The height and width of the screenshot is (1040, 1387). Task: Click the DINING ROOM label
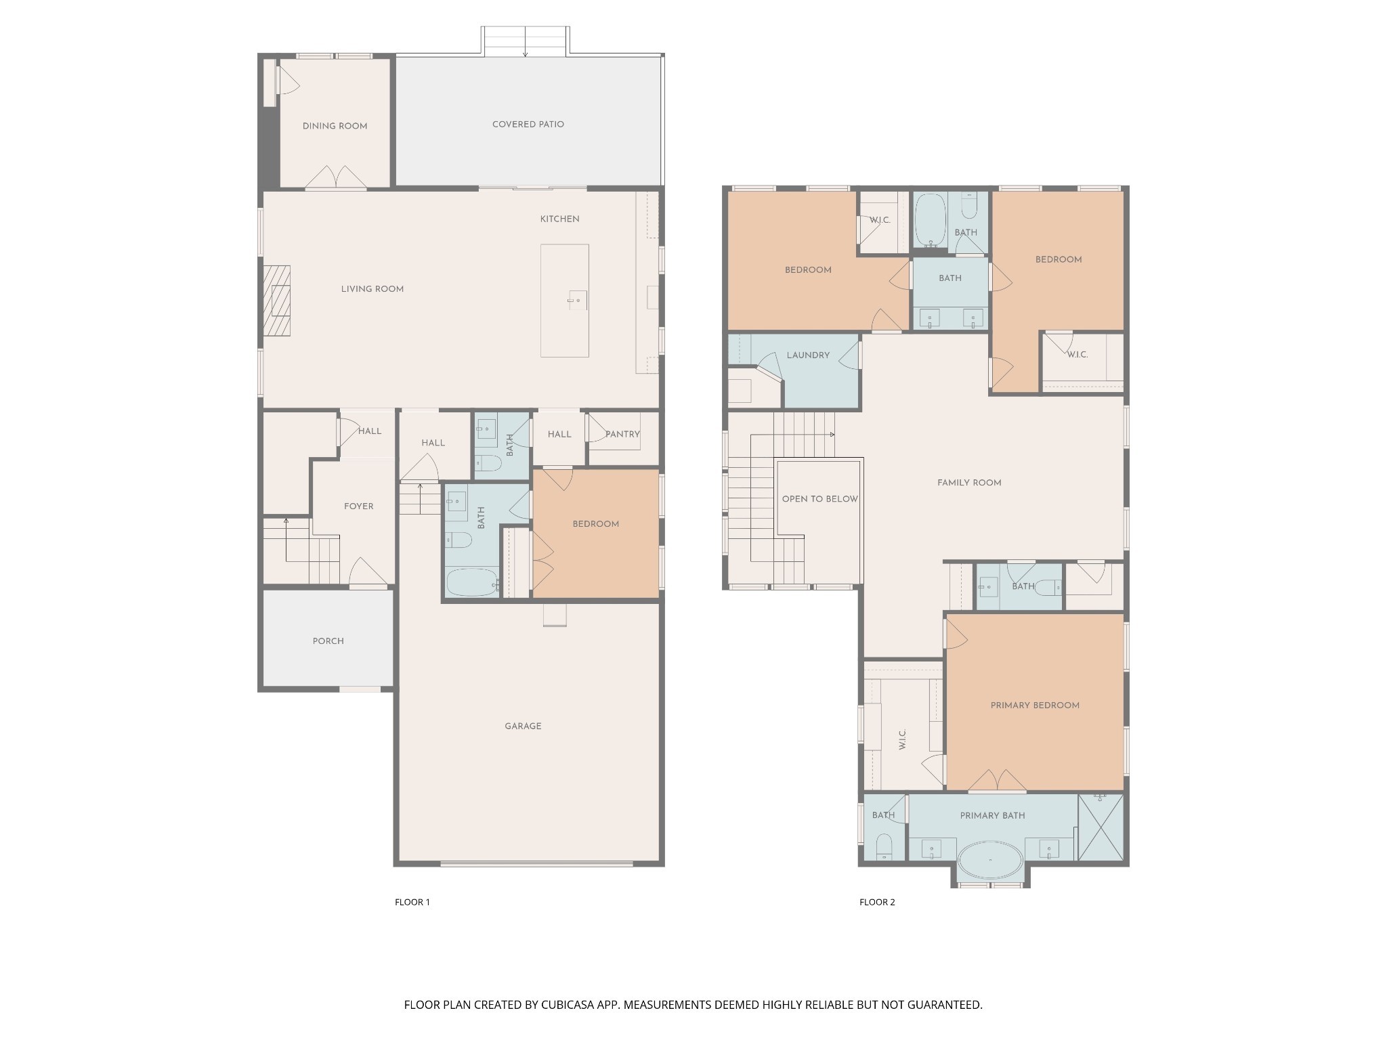pyautogui.click(x=335, y=126)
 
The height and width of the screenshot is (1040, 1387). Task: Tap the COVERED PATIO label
pyautogui.click(x=528, y=125)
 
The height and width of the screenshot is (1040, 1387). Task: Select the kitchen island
pyautogui.click(x=564, y=301)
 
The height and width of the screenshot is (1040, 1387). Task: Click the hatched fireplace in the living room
pyautogui.click(x=277, y=301)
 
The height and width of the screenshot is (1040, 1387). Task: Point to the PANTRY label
pyautogui.click(x=622, y=434)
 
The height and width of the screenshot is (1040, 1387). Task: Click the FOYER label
pyautogui.click(x=358, y=506)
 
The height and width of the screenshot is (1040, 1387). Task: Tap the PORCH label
pyautogui.click(x=328, y=641)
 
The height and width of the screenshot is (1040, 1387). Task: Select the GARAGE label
pyautogui.click(x=523, y=727)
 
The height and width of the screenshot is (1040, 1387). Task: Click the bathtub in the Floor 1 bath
pyautogui.click(x=472, y=582)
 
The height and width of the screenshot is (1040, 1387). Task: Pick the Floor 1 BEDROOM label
pyautogui.click(x=595, y=524)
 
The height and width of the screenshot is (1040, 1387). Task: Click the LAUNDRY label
pyautogui.click(x=808, y=355)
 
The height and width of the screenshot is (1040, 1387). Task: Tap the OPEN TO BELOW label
pyautogui.click(x=819, y=499)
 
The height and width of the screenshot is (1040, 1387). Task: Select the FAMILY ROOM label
pyautogui.click(x=969, y=483)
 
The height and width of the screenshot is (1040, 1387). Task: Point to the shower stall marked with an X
pyautogui.click(x=1101, y=827)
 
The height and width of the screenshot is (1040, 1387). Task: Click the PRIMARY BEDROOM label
pyautogui.click(x=1035, y=706)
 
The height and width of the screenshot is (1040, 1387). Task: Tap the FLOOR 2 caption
pyautogui.click(x=877, y=902)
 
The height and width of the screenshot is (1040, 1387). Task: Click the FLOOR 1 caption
pyautogui.click(x=412, y=902)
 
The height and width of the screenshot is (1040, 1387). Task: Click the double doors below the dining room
pyautogui.click(x=337, y=177)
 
